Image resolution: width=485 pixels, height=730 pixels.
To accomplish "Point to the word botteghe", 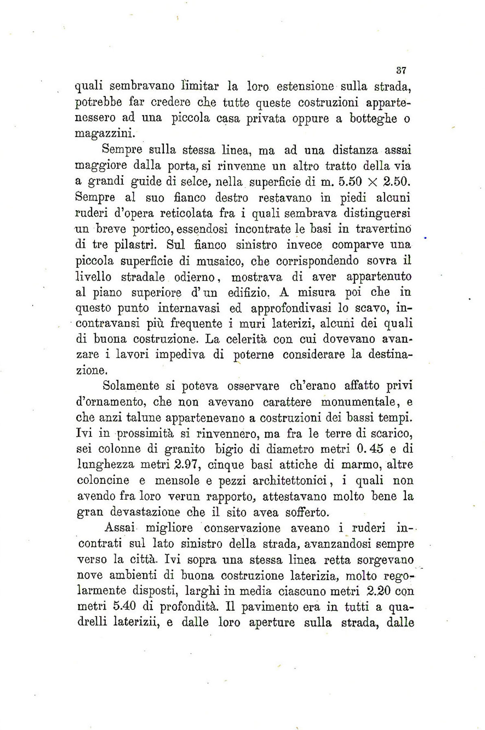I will point(370,118).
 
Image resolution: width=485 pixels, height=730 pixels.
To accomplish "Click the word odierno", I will point(197,277).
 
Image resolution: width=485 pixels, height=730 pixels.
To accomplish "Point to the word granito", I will point(183,449).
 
